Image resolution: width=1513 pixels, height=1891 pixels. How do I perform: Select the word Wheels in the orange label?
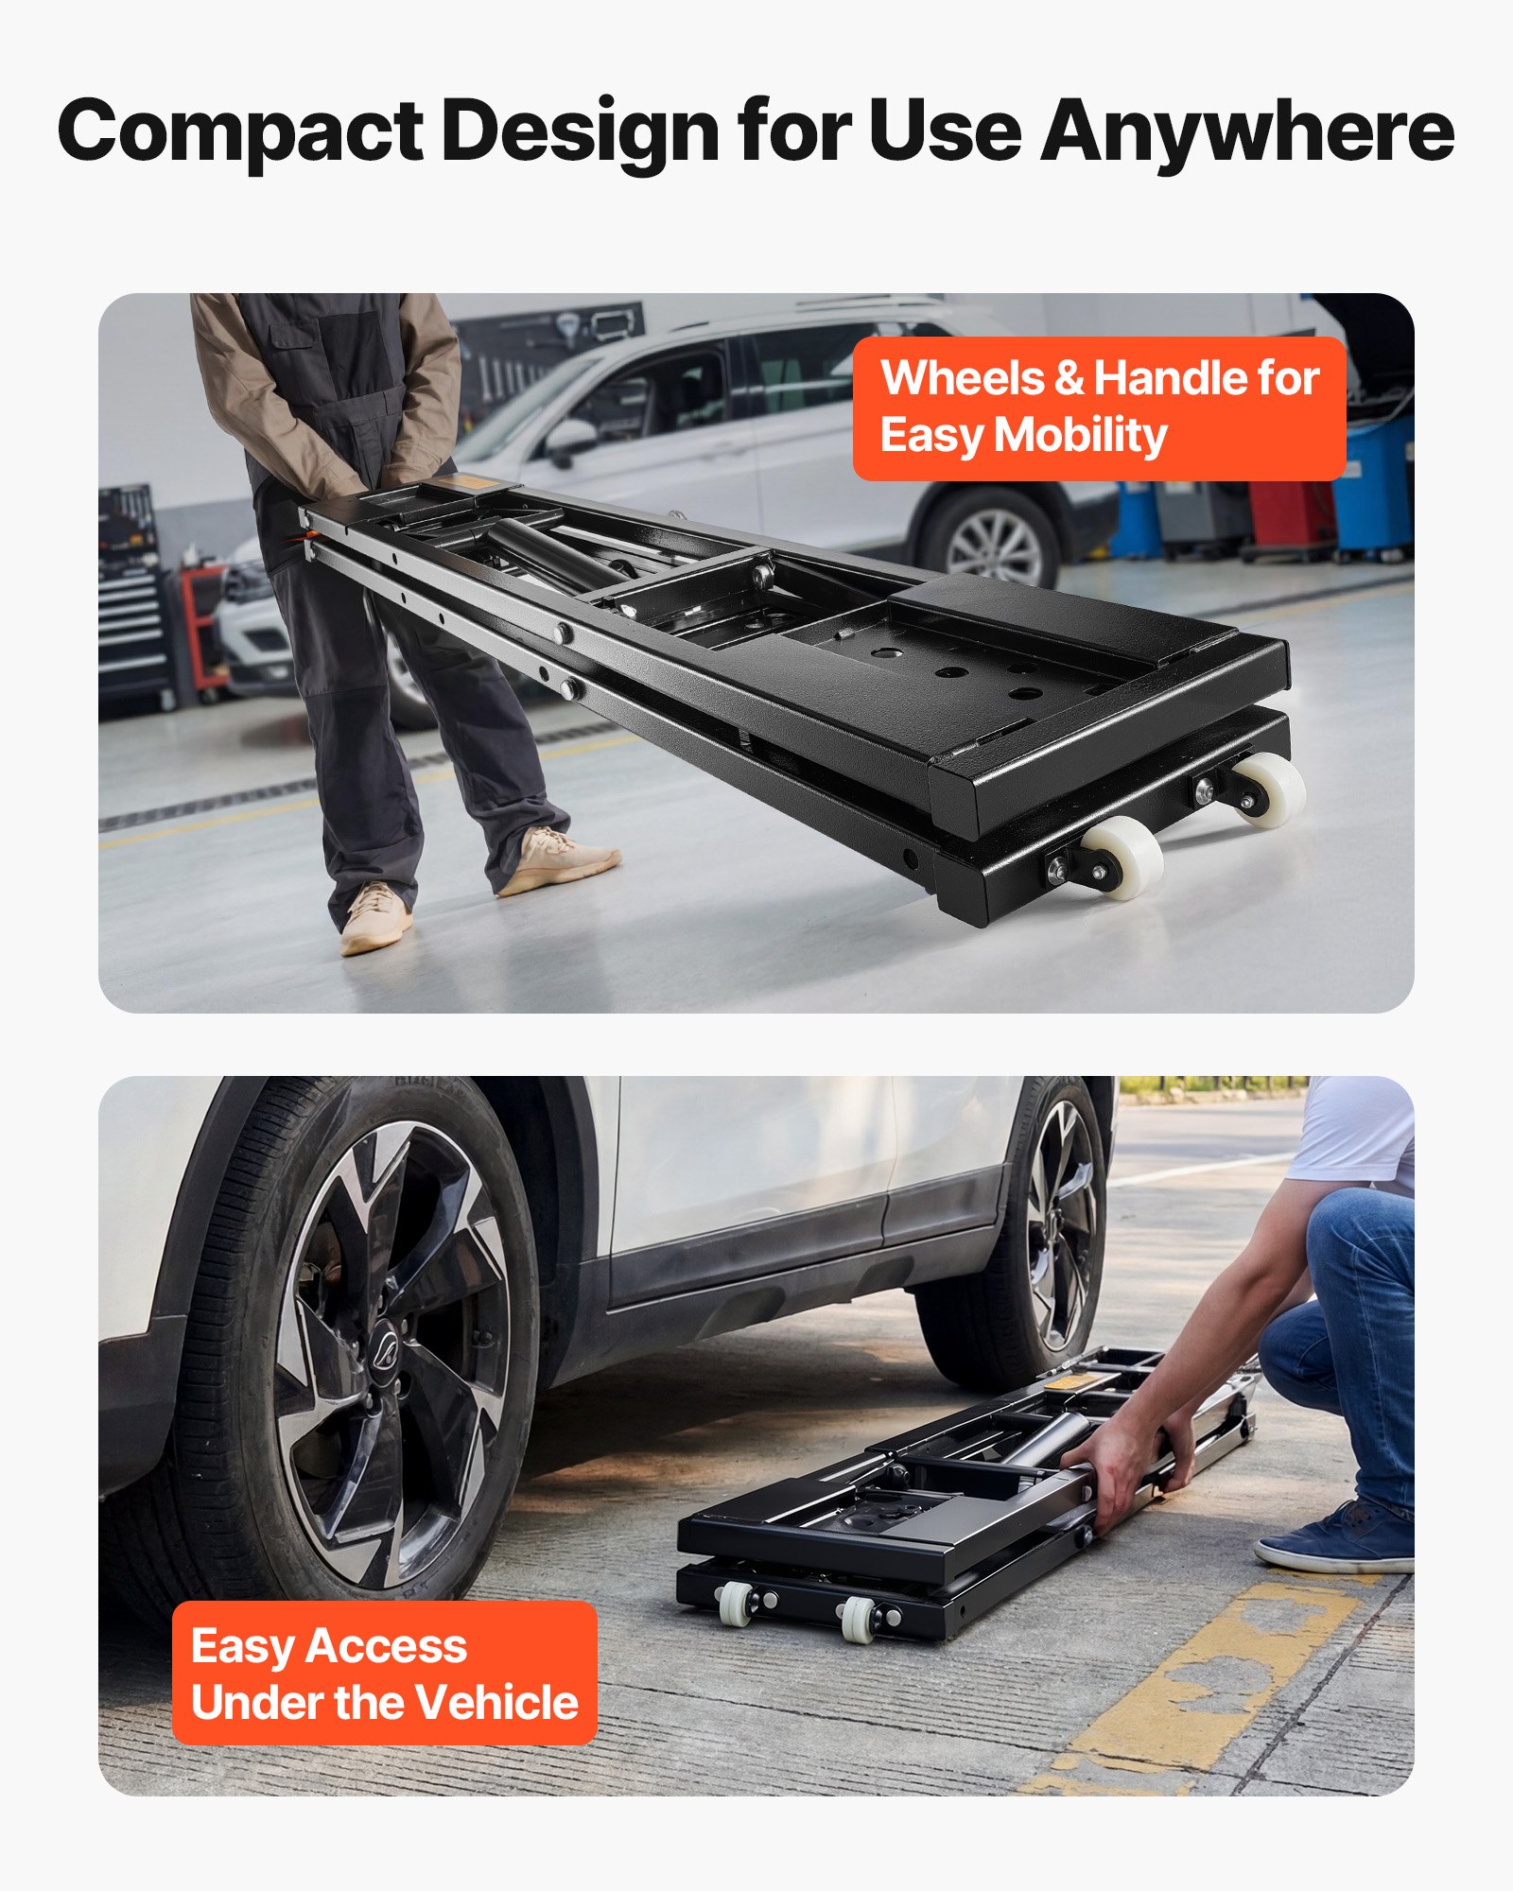962,378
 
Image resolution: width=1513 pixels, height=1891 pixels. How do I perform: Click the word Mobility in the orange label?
1080,436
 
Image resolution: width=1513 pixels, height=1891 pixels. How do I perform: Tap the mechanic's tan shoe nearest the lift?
558,860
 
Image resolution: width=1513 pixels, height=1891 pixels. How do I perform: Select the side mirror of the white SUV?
571,439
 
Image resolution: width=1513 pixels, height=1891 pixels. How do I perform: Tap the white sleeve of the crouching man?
1352,1130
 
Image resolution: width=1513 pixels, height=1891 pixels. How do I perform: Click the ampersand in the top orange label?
1069,378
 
